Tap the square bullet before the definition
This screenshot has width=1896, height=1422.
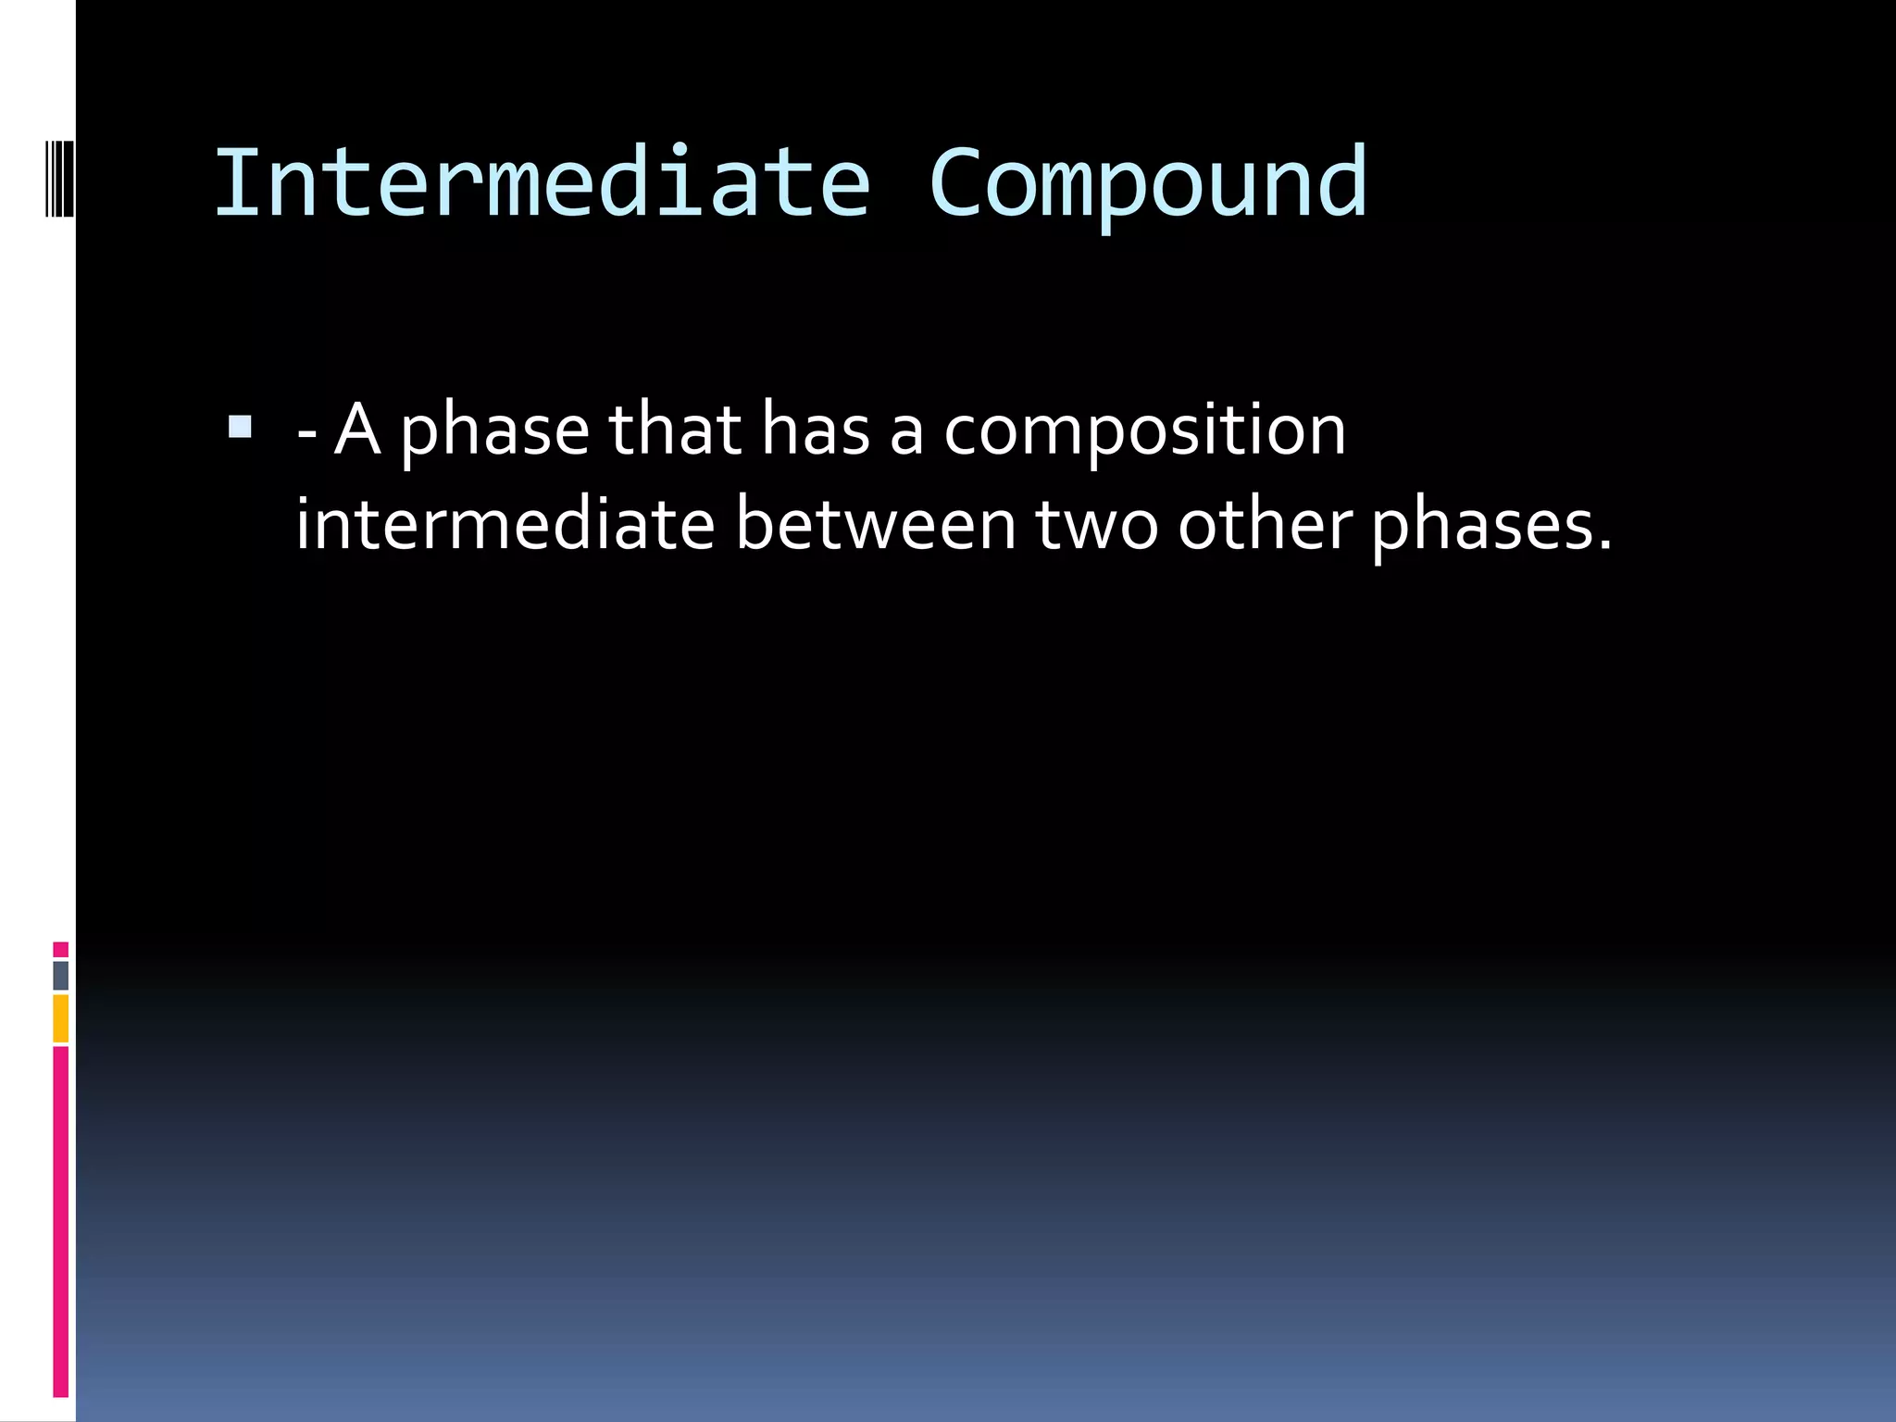[x=240, y=427]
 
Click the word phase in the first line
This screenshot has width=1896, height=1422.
[x=494, y=431]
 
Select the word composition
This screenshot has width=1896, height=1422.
[x=1144, y=431]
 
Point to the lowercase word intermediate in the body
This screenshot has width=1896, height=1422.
[x=505, y=525]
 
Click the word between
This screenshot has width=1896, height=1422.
[x=876, y=525]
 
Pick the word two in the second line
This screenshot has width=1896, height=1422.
[x=1096, y=525]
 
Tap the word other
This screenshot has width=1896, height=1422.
[x=1265, y=525]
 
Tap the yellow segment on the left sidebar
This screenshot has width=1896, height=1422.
[x=60, y=1017]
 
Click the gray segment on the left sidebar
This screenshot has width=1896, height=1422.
[x=60, y=975]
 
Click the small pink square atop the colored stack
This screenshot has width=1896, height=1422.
[x=60, y=949]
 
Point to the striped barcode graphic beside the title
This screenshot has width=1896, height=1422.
[x=58, y=178]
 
